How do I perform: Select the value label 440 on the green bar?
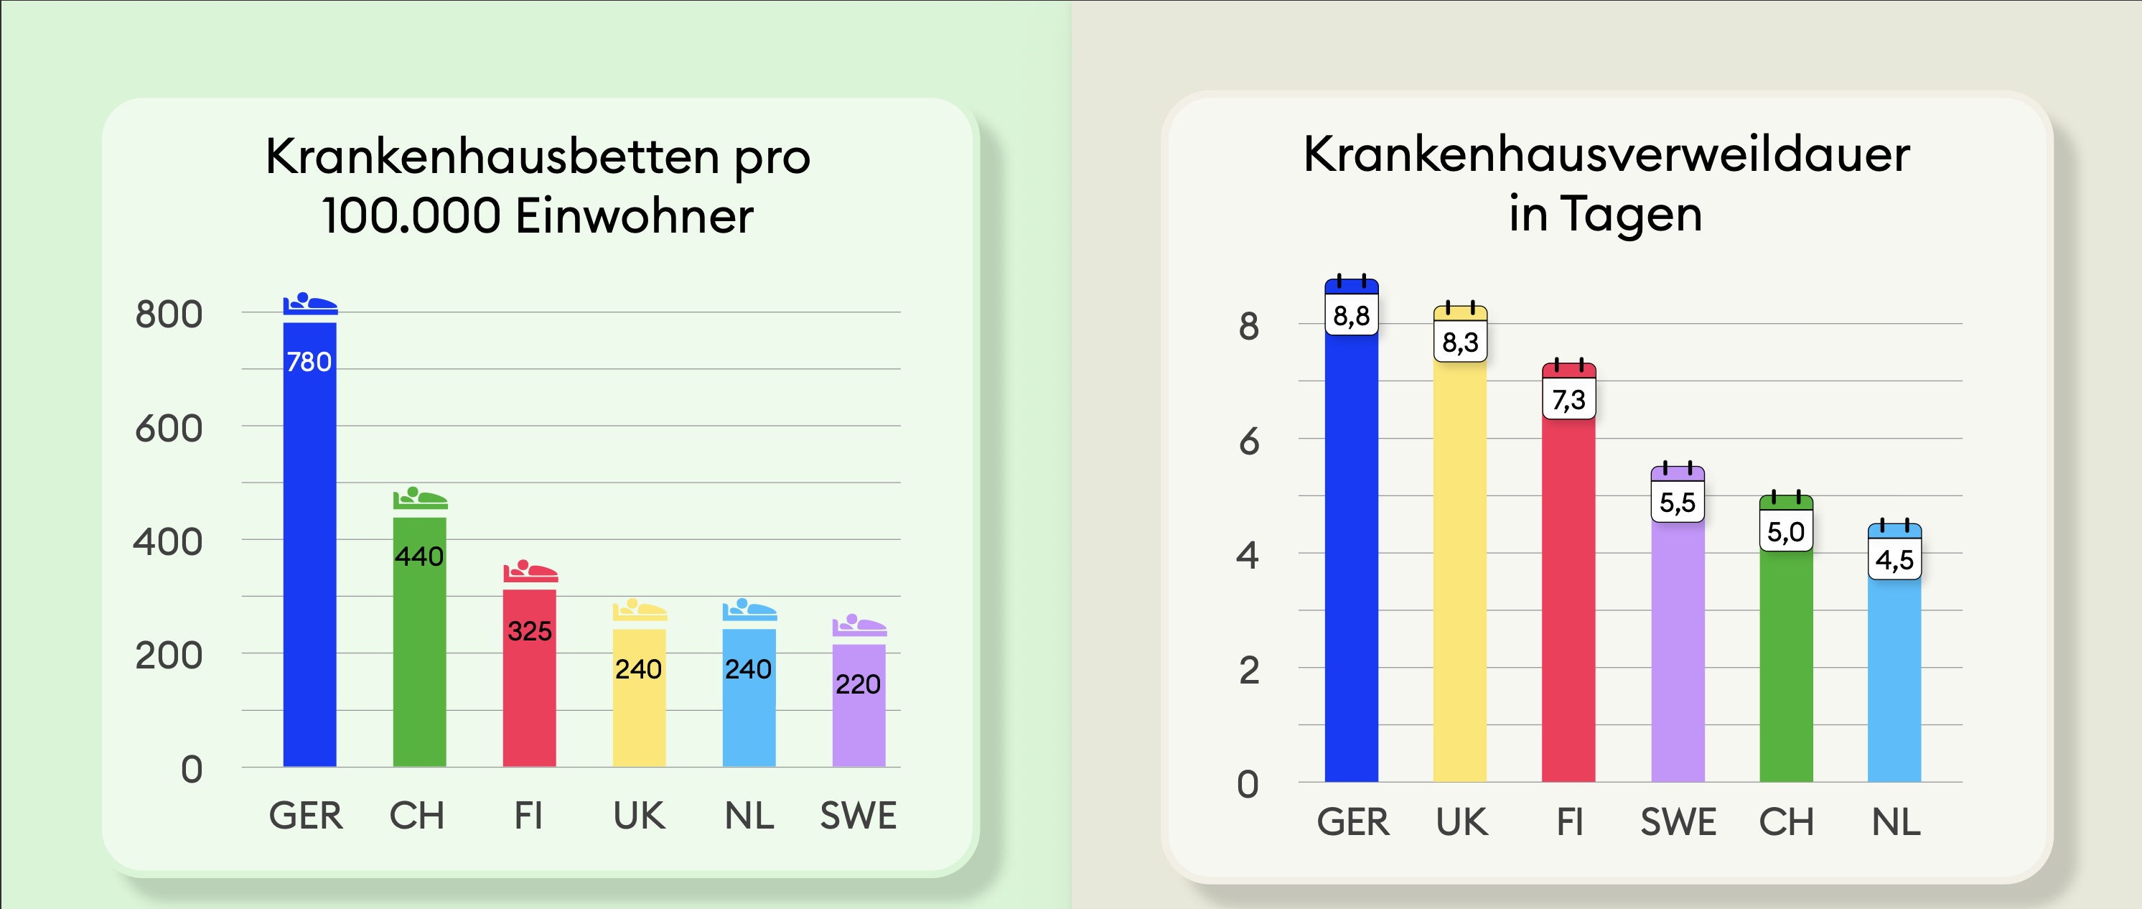[419, 556]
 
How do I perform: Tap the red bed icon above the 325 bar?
[530, 572]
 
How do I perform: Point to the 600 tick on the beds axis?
[169, 429]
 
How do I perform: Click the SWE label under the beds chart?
[858, 816]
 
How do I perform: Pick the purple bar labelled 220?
[858, 715]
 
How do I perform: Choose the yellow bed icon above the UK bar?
[640, 610]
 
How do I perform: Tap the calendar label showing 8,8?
[1351, 315]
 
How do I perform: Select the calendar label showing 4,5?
[1894, 559]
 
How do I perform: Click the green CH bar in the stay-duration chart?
[1786, 666]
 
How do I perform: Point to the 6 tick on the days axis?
[1248, 442]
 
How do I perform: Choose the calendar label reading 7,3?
[1568, 399]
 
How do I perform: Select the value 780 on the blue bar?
[309, 362]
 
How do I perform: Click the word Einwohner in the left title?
[634, 216]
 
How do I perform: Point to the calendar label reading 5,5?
[1677, 501]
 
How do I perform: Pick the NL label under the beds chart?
[749, 816]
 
